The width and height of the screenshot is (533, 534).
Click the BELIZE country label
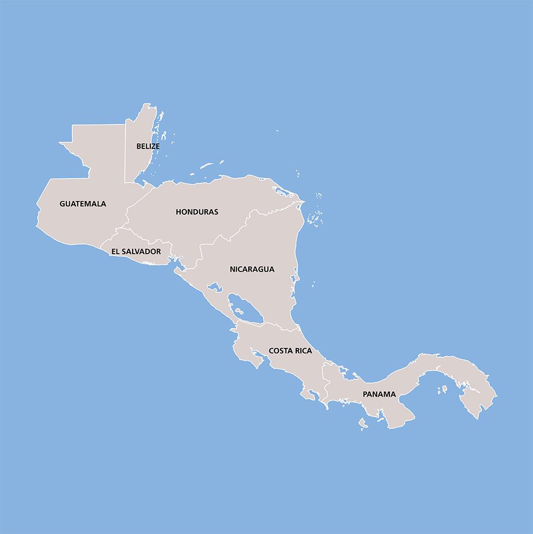(148, 146)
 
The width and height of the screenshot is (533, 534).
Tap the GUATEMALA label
(83, 204)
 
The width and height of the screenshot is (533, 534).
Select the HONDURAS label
(197, 212)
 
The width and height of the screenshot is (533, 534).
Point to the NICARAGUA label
(252, 269)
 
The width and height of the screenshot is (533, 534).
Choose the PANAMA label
(379, 394)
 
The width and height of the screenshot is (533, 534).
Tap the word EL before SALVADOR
(115, 252)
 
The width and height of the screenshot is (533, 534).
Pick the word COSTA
(281, 351)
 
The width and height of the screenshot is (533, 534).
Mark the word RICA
(303, 351)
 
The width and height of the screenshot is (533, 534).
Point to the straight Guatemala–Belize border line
(125, 154)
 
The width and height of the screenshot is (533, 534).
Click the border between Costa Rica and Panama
(323, 380)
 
